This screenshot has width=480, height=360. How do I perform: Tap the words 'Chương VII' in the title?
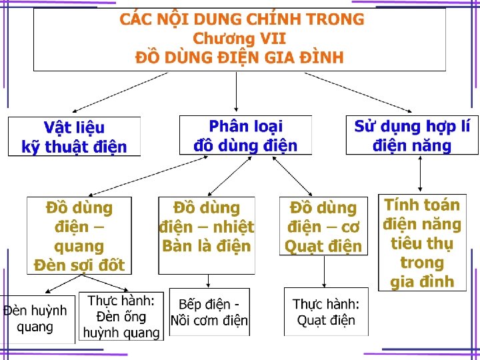point(239,39)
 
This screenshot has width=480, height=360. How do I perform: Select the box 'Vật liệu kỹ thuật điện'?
point(74,137)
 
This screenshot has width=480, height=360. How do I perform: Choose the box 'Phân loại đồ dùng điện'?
point(245,135)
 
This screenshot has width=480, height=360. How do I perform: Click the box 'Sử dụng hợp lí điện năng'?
point(412,135)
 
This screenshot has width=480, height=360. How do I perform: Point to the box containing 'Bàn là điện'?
point(207,235)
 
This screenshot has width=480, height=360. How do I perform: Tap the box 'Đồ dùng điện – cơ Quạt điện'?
point(323,227)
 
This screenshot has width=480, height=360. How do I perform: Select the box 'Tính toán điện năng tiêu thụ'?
point(421,243)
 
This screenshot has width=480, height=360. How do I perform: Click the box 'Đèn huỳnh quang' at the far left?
point(36,319)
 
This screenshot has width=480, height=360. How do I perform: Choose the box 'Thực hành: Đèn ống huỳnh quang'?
point(120,316)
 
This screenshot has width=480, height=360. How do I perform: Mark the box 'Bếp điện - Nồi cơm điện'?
point(209,313)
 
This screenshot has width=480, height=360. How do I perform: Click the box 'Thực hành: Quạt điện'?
point(326,312)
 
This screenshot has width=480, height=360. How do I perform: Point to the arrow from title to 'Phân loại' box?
point(237,93)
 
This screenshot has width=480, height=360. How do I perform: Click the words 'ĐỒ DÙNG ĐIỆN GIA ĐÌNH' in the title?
point(239,57)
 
